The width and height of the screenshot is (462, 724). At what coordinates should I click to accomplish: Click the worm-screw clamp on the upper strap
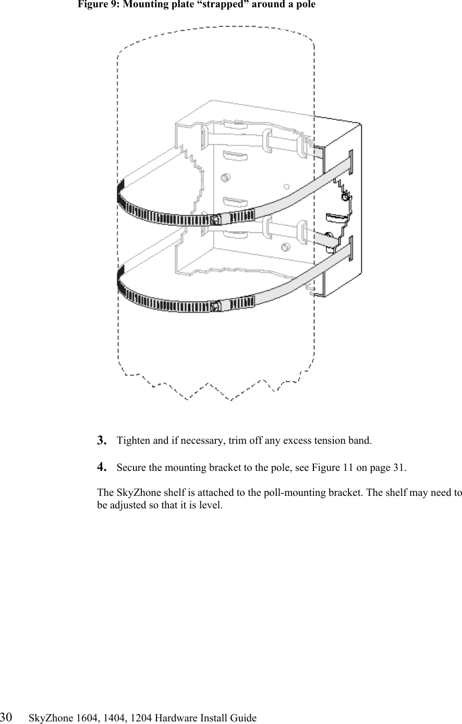tap(215, 220)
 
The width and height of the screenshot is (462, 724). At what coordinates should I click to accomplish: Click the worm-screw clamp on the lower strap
tap(215, 307)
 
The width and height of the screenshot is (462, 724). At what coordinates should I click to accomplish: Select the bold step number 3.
tap(102, 440)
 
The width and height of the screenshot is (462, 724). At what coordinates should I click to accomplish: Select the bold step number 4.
tap(102, 467)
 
